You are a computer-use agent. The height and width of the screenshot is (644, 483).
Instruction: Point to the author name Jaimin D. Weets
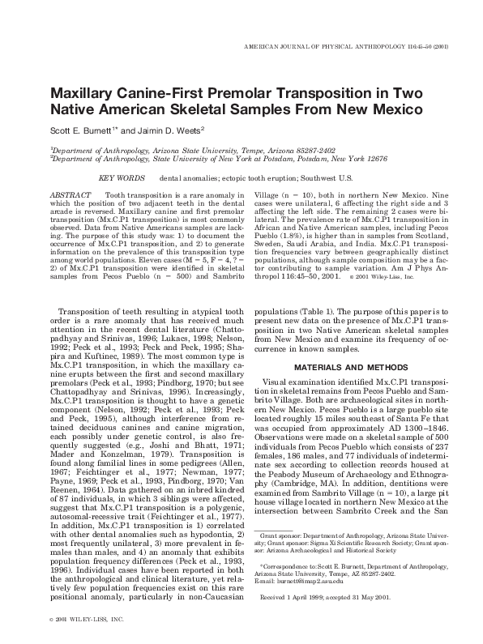169,130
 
